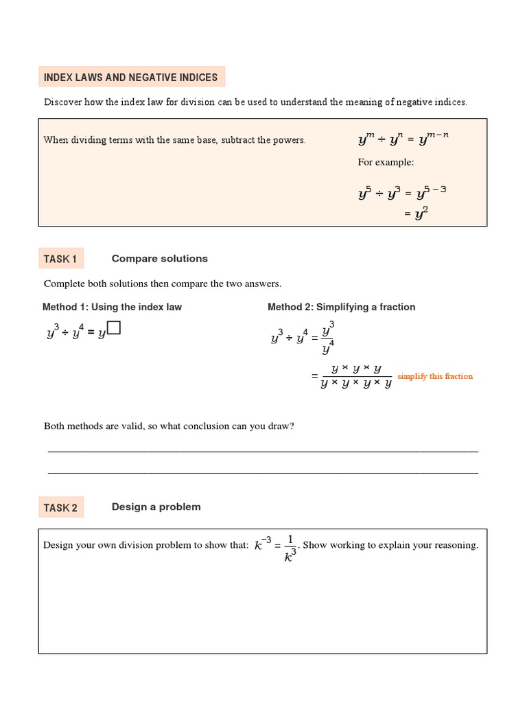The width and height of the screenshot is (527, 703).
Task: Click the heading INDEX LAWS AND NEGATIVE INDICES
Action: point(130,78)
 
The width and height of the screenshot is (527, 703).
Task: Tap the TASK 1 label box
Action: point(61,259)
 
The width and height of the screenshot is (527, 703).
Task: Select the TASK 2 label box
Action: point(61,508)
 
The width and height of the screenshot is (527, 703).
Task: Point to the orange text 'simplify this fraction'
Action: point(435,376)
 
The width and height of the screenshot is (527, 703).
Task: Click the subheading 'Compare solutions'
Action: point(159,259)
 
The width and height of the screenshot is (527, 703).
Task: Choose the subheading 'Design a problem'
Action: point(156,507)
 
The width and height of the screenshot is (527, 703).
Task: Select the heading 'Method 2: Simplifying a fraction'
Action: point(341,307)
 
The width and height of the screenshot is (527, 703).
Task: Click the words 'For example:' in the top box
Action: point(386,163)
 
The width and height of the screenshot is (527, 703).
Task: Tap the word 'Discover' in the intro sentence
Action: point(63,102)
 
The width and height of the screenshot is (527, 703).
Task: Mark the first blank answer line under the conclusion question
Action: point(263,451)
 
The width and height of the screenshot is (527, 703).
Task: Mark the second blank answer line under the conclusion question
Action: point(263,472)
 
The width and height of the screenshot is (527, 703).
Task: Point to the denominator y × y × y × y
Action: point(355,384)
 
